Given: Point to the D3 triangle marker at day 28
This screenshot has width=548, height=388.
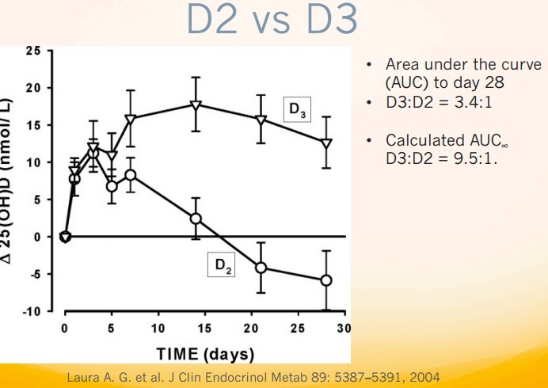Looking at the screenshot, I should (x=326, y=143).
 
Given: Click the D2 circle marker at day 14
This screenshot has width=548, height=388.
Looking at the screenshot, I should (x=196, y=219).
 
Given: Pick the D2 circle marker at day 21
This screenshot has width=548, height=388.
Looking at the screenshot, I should (x=261, y=268).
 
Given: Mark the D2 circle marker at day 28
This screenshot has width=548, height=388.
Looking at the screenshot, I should (x=326, y=280).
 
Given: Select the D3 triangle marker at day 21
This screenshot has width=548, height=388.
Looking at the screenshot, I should (x=261, y=120).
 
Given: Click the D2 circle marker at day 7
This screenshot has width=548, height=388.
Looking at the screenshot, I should (x=131, y=175).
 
